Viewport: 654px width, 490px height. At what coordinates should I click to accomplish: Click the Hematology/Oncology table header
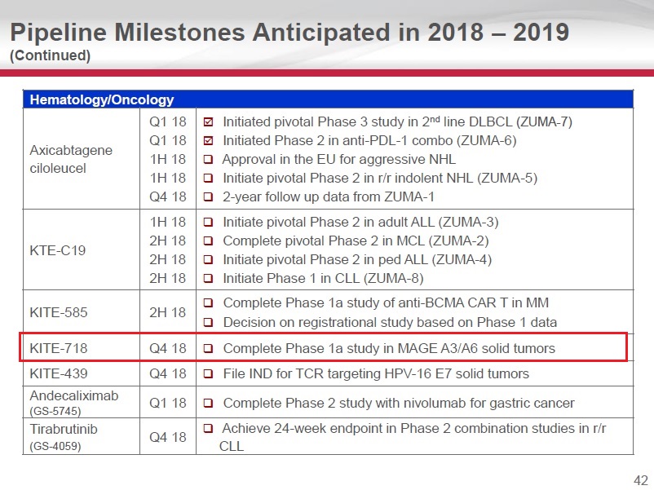pos(102,100)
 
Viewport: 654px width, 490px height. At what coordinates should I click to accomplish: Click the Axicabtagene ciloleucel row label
pos(71,159)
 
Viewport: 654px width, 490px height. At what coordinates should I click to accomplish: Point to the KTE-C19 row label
pos(58,249)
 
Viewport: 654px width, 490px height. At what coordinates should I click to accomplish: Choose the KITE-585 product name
pos(58,311)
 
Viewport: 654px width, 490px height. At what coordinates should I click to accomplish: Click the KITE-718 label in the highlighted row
pos(58,348)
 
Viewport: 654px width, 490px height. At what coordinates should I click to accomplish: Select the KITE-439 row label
pos(58,373)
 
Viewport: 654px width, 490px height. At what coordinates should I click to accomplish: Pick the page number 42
pos(640,479)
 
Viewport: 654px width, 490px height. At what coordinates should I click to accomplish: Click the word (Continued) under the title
pos(50,55)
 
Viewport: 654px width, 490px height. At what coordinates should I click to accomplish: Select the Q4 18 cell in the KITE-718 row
pos(167,348)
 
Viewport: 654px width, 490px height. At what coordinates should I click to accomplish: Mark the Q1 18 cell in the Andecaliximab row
pos(167,403)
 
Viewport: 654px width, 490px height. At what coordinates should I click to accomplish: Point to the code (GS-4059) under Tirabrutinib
pos(56,446)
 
